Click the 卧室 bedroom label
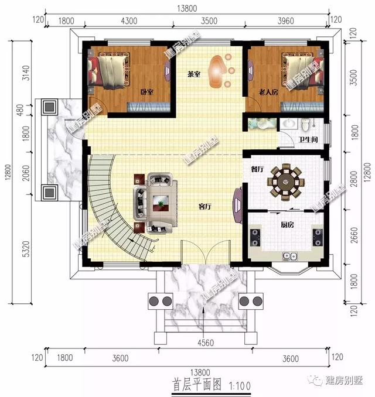(147, 92)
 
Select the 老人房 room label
(268, 93)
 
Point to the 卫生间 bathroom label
(308, 140)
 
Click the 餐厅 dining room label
(257, 169)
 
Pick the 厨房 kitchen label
(287, 224)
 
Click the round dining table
(286, 181)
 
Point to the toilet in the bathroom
(304, 125)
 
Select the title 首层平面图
(197, 386)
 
